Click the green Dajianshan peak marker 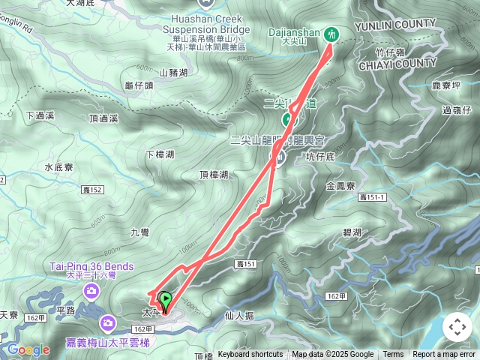331,34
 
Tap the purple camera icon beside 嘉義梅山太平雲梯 109,322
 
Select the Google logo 28,349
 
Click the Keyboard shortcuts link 250,355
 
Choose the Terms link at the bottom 393,355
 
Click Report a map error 444,355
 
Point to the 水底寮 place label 58,167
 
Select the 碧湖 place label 352,232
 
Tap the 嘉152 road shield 93,190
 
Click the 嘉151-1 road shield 372,196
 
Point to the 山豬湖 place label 173,73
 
